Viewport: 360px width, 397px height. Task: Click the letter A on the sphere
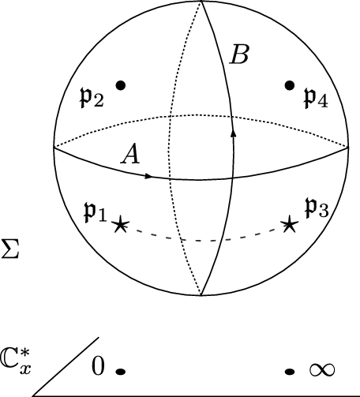click(x=130, y=155)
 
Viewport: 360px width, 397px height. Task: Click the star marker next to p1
click(x=120, y=226)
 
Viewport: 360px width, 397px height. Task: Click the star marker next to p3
click(x=290, y=226)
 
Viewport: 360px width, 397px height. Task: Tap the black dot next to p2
click(x=121, y=84)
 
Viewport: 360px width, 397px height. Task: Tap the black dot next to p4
click(x=290, y=84)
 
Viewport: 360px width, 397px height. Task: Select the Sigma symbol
click(x=10, y=255)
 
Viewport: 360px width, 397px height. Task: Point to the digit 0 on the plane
click(x=98, y=365)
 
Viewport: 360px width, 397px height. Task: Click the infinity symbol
click(x=320, y=369)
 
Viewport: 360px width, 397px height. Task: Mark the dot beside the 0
click(x=121, y=370)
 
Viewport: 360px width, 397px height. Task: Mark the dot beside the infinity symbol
click(x=290, y=370)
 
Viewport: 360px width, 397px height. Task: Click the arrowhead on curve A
click(x=149, y=175)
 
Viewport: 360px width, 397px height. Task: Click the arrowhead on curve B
click(x=233, y=134)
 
